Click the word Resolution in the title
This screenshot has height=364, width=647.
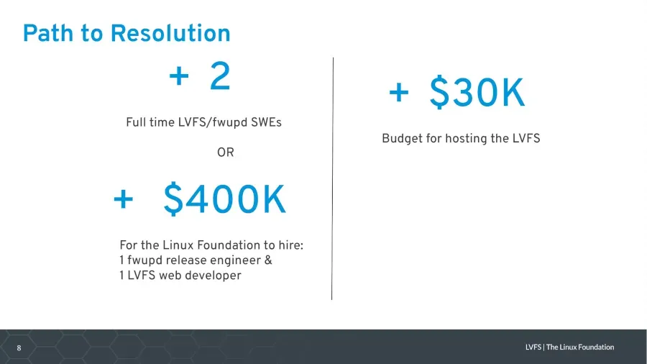(x=170, y=33)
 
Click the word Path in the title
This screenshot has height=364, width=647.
(x=49, y=33)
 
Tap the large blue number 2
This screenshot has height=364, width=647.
(x=220, y=76)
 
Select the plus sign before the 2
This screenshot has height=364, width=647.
(x=179, y=77)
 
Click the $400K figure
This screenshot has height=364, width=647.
(x=224, y=200)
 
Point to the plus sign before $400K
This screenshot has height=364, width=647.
(x=124, y=200)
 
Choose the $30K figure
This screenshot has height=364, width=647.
(x=477, y=93)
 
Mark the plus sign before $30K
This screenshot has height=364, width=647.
(x=399, y=93)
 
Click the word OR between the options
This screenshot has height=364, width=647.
(x=226, y=153)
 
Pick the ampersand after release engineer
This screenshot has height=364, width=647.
(x=268, y=260)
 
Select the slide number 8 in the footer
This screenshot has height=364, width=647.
(x=19, y=348)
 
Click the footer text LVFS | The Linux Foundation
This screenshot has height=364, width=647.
(x=569, y=347)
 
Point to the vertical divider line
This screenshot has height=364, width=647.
(x=333, y=178)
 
